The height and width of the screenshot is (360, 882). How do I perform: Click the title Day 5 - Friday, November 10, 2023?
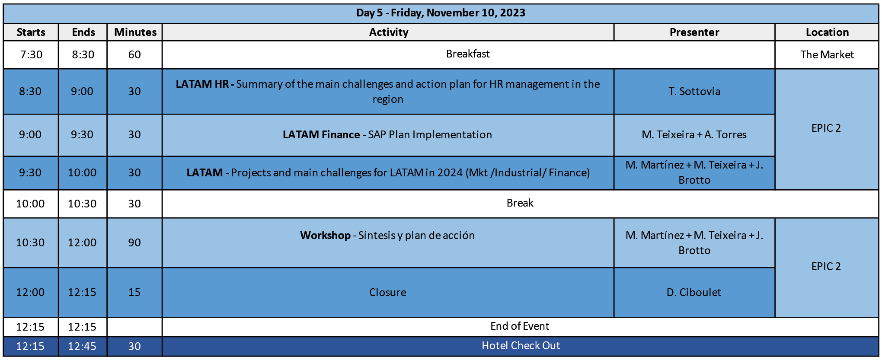(x=441, y=13)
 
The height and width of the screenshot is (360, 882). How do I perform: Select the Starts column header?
(x=31, y=32)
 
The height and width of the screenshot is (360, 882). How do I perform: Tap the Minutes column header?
(x=135, y=32)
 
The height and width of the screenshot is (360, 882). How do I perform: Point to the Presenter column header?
(x=694, y=32)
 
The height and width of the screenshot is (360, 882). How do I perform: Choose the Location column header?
(x=827, y=32)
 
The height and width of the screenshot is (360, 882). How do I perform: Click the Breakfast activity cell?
(x=468, y=54)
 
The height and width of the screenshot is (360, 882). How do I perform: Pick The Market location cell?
(x=827, y=55)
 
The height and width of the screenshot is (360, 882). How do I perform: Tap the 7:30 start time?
(x=31, y=55)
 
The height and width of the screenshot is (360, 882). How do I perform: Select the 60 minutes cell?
(x=134, y=55)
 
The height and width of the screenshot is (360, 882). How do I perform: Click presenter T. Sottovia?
(x=694, y=92)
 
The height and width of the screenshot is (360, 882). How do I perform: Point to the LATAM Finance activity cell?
(x=387, y=135)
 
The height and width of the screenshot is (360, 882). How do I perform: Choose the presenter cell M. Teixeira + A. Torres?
(x=694, y=135)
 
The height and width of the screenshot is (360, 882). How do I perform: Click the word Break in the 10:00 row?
(x=520, y=203)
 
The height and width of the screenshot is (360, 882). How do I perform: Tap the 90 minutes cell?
(x=134, y=243)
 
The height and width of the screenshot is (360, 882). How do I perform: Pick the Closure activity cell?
(x=388, y=293)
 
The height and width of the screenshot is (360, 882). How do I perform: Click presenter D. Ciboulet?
(x=694, y=293)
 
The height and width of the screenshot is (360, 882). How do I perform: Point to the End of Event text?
(x=520, y=326)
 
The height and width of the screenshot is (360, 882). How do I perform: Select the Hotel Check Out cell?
(x=521, y=346)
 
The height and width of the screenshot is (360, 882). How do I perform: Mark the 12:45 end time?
(x=82, y=347)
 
